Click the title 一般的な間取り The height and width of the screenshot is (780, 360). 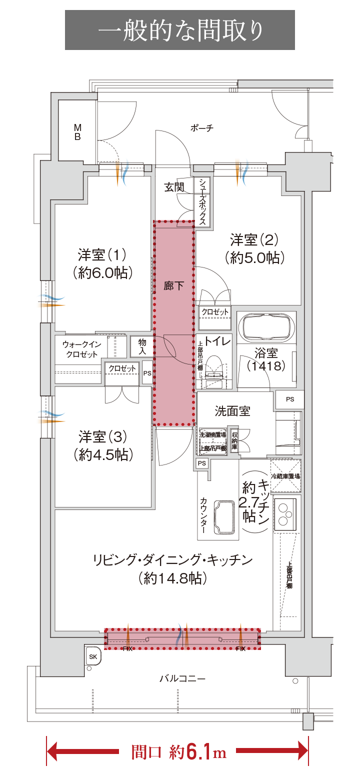180,30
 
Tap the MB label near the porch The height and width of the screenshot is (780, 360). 77,131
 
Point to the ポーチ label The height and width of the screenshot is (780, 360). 202,128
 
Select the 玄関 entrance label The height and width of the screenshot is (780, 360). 174,187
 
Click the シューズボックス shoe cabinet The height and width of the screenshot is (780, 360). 202,202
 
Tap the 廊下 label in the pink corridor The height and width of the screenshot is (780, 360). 173,286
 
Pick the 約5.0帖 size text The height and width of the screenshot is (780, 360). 254,258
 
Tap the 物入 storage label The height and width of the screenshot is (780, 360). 142,346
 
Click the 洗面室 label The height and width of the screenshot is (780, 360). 232,411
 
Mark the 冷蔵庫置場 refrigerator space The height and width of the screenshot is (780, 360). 285,476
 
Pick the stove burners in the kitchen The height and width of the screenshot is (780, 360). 286,513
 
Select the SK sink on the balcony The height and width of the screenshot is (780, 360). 93,656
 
